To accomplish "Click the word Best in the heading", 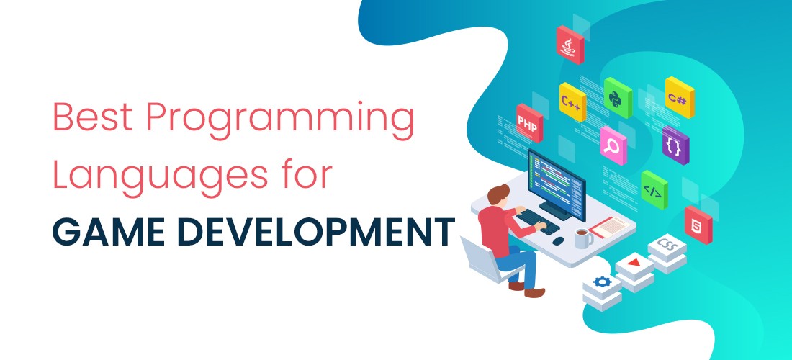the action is point(92,117).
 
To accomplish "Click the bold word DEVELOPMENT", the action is point(310,232).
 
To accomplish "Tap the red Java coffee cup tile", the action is point(570,45).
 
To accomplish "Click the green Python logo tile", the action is point(618,98).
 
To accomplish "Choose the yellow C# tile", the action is point(680,97).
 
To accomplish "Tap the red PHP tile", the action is point(529,122).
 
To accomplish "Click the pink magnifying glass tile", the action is point(613,145).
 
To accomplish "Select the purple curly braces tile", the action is point(675,145).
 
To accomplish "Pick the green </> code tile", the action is point(654,190).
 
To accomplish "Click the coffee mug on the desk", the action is point(583,238).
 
